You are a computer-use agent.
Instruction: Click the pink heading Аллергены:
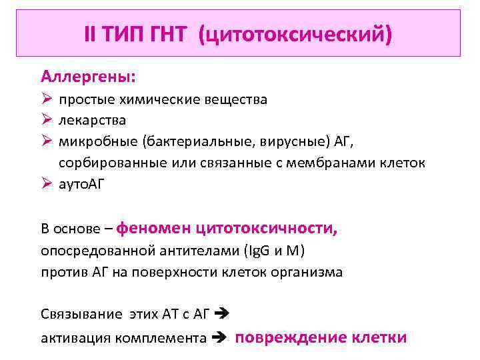click(88, 77)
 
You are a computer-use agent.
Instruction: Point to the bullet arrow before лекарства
click(46, 121)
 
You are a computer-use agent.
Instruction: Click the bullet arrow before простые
click(46, 100)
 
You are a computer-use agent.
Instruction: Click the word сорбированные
click(107, 163)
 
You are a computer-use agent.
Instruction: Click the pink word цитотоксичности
click(267, 229)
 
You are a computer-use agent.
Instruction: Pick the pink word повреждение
click(286, 336)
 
